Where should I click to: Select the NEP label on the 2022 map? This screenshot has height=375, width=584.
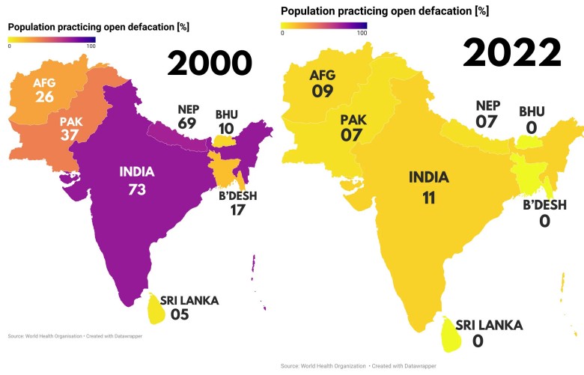[x=487, y=106]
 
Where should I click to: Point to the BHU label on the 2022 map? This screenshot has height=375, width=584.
[x=532, y=112]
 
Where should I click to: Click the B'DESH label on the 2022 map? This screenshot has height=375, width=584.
[x=544, y=205]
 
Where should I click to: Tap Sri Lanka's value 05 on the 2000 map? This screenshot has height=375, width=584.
[x=179, y=315]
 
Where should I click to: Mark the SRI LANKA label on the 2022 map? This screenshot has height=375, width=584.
[x=489, y=326]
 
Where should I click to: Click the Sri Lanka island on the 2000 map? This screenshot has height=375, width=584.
[x=156, y=308]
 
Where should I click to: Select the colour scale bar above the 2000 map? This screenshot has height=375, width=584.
[x=52, y=38]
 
